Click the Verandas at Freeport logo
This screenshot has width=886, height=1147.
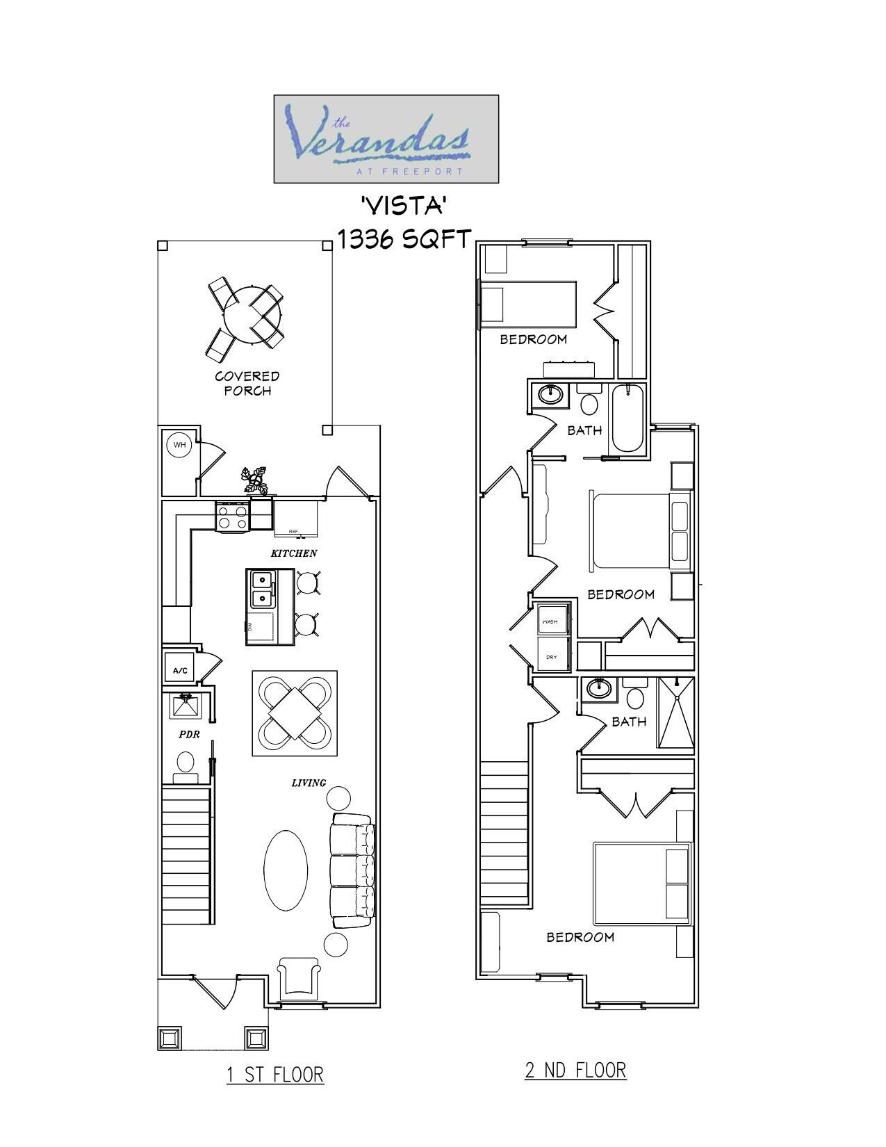[386, 139]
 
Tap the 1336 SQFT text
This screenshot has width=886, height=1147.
[404, 238]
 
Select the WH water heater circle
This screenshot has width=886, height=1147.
[180, 445]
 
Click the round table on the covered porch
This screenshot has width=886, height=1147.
[253, 314]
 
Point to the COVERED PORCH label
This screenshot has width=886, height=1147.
[247, 383]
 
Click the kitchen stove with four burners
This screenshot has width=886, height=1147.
[233, 516]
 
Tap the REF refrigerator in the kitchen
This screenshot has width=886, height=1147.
[295, 519]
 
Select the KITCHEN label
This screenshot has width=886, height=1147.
[294, 553]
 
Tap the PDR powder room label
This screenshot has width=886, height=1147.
[189, 734]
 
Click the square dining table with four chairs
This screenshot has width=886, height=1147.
[295, 713]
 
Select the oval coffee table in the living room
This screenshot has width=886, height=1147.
[286, 868]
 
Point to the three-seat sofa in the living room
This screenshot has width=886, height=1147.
[352, 871]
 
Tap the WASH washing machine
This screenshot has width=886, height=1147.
[552, 620]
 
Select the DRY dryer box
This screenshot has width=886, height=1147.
[552, 656]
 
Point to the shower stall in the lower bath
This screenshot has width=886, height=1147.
[675, 712]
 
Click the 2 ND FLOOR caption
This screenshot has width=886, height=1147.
[575, 1070]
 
